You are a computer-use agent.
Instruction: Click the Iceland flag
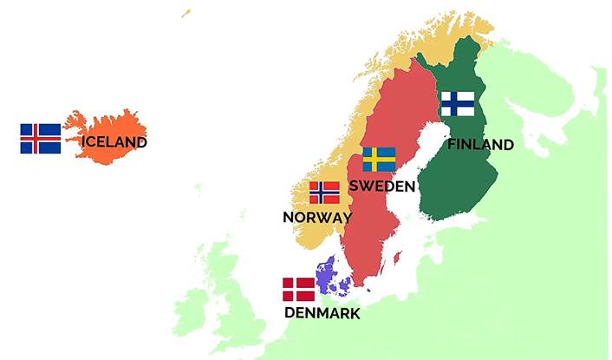[41, 139]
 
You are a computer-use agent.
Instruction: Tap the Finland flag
[457, 104]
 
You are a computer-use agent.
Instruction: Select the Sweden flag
[379, 160]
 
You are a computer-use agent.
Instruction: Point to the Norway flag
[324, 193]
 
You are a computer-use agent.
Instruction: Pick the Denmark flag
[299, 290]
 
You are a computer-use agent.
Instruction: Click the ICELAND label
[114, 142]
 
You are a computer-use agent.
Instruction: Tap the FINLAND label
[480, 145]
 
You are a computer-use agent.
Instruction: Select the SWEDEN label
[381, 187]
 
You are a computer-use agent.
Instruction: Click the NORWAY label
[317, 218]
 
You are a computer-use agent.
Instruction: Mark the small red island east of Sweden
[397, 259]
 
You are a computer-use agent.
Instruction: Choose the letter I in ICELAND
[84, 142]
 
